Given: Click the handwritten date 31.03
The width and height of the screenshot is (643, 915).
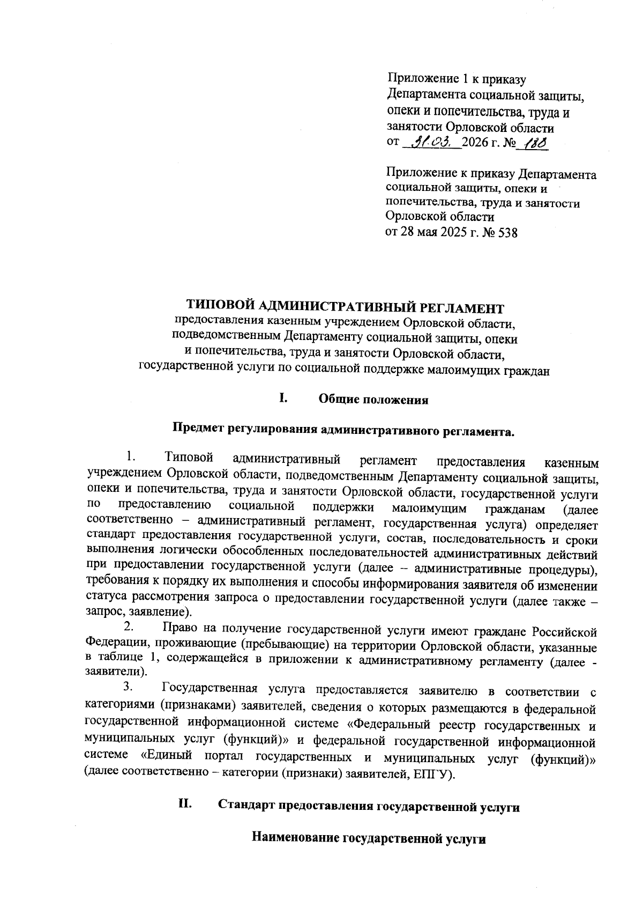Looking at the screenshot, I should coord(432,143).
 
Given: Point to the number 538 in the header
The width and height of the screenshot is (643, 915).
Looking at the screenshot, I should coord(507,233).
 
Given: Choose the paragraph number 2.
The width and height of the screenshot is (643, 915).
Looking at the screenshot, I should coord(128,626).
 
